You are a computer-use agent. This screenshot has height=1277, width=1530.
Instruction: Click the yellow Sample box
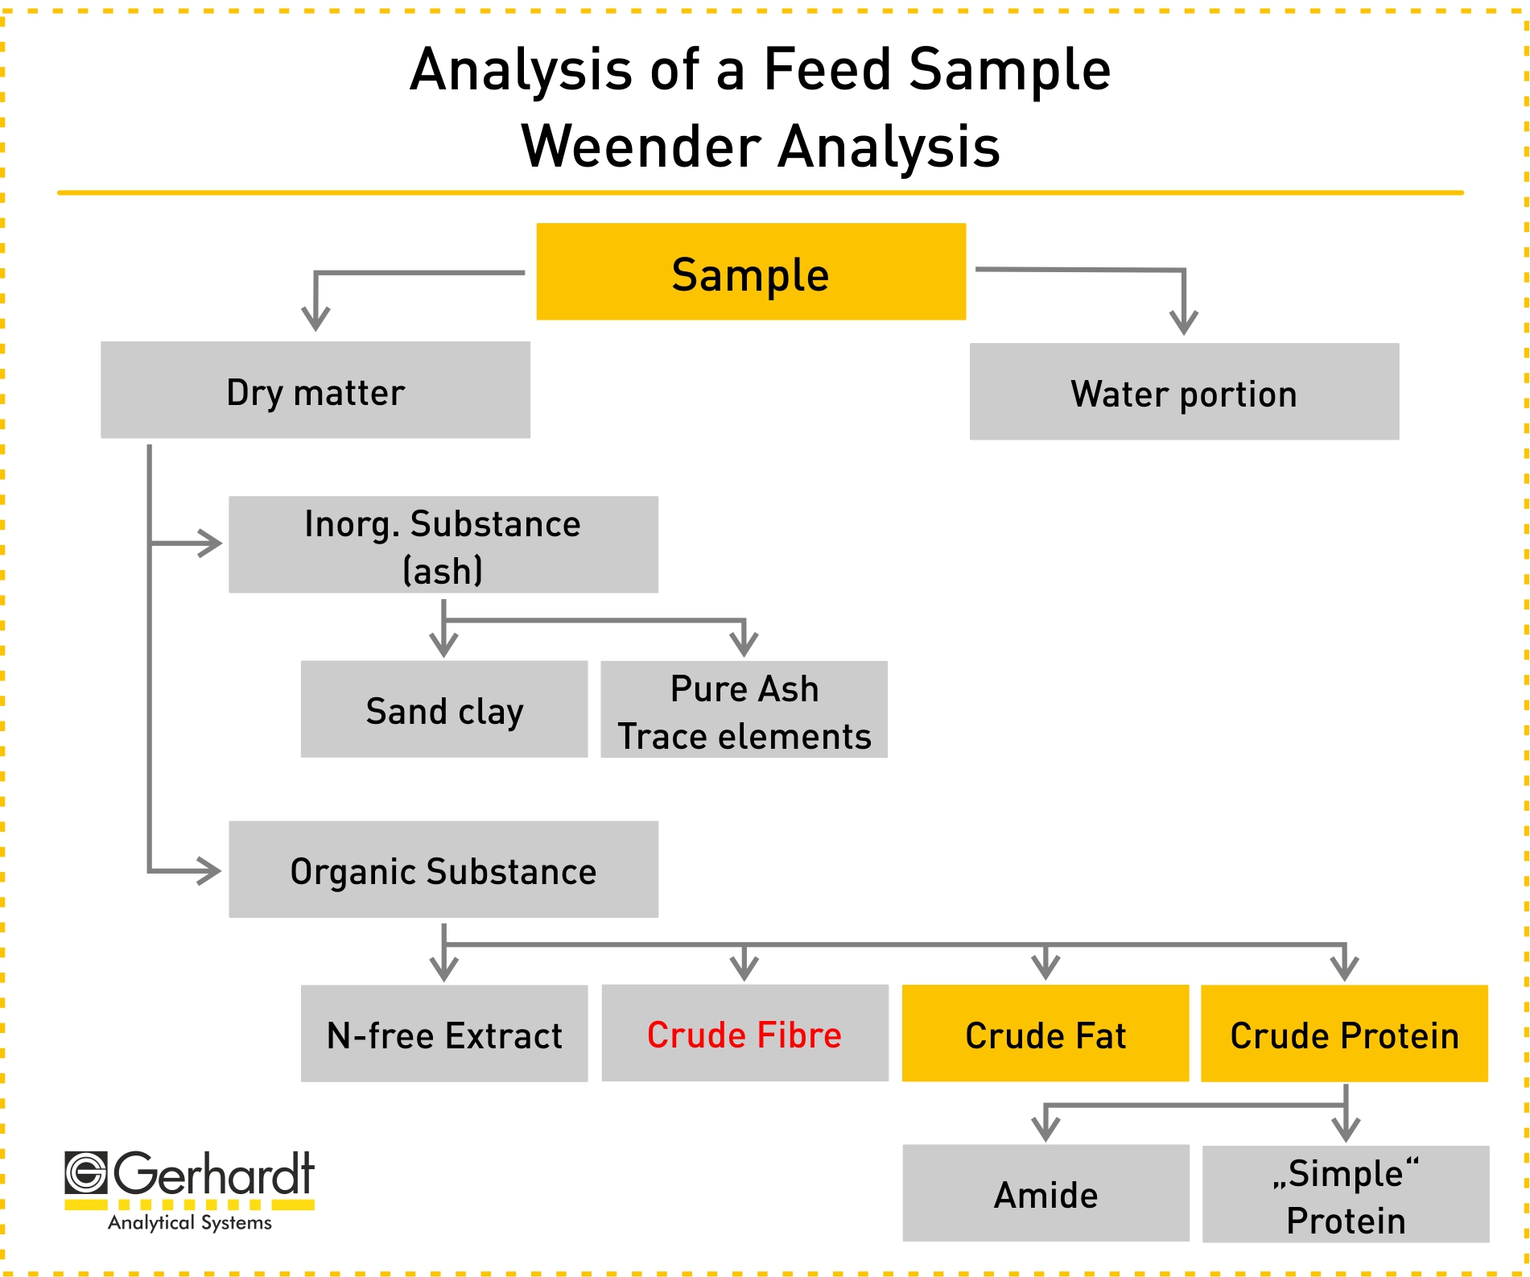[x=751, y=271]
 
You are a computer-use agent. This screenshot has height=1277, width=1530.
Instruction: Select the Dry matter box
[x=315, y=390]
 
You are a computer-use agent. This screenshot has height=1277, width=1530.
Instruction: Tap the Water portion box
[x=1184, y=391]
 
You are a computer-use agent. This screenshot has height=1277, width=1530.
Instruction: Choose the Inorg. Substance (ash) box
[x=443, y=544]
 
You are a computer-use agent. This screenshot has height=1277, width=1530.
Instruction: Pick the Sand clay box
[x=444, y=709]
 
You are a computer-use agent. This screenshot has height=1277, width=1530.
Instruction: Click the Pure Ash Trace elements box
[x=744, y=709]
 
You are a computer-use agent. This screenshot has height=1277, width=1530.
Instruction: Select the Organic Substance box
[x=443, y=869]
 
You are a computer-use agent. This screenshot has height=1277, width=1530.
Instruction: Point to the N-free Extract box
[x=444, y=1033]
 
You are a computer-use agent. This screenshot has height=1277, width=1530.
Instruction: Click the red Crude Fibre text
[x=744, y=1035]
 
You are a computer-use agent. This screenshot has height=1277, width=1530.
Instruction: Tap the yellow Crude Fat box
[x=1045, y=1033]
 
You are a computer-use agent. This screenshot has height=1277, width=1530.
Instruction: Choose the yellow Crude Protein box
[x=1344, y=1033]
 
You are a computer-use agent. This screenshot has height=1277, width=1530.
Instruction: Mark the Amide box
[x=1046, y=1192]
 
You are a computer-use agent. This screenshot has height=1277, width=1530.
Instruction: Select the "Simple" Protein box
[x=1346, y=1194]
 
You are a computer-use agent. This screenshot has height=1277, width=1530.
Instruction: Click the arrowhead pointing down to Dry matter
[x=315, y=318]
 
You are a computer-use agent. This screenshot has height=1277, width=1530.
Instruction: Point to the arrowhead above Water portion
[x=1184, y=322]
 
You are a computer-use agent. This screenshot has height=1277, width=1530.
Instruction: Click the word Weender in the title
[x=641, y=147]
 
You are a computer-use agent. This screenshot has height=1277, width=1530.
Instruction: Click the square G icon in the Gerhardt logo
[x=85, y=1172]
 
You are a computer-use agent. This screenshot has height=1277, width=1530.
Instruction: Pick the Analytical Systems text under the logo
[x=190, y=1222]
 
